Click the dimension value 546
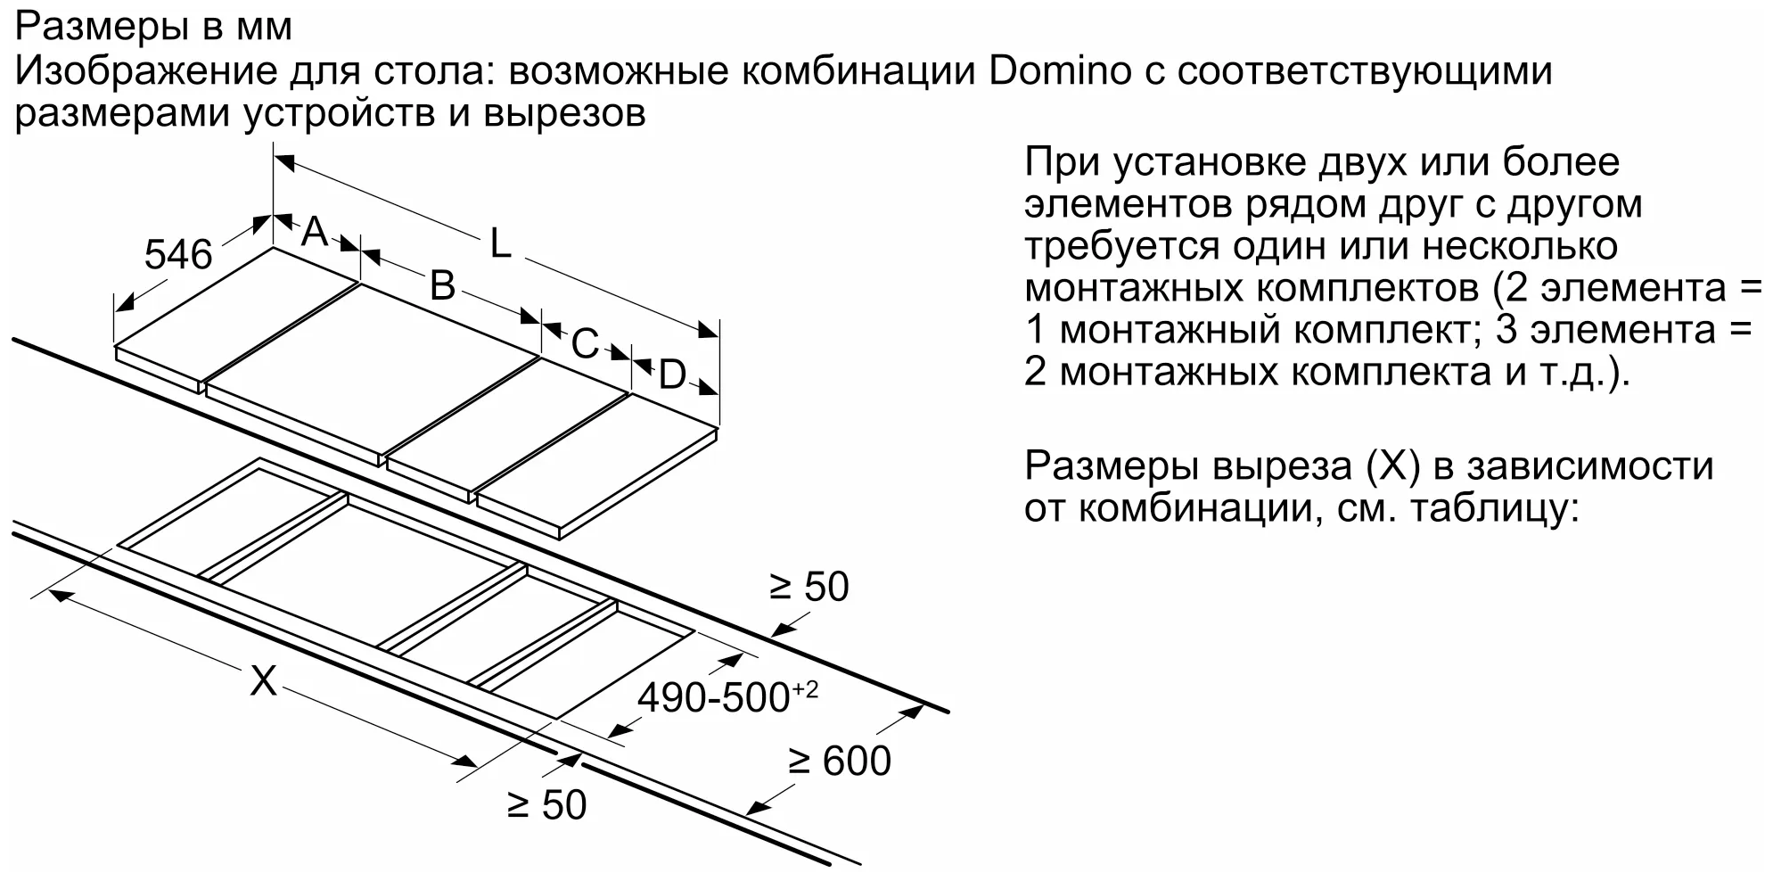tap(178, 255)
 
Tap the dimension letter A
tap(315, 232)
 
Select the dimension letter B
tap(442, 286)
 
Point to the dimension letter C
tap(584, 344)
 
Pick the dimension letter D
tap(672, 375)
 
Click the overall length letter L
tap(500, 243)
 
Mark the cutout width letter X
tap(263, 681)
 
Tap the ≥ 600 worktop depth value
tap(840, 762)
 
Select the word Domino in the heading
tap(1060, 71)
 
